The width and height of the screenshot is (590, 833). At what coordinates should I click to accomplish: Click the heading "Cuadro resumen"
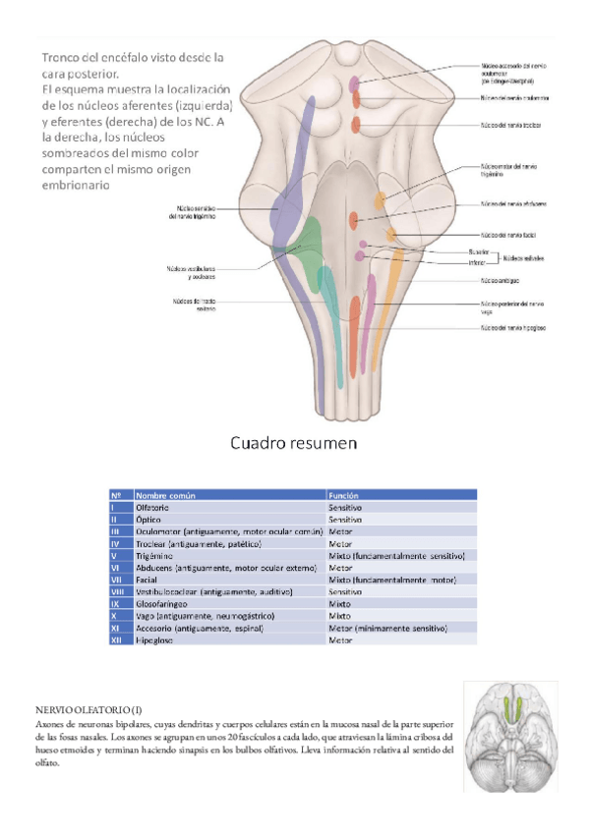tap(293, 444)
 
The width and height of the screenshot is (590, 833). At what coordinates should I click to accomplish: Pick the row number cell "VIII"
tap(116, 591)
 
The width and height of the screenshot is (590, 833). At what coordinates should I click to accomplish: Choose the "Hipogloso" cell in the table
tap(156, 639)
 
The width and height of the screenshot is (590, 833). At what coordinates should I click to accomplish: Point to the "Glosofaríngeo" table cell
tap(162, 603)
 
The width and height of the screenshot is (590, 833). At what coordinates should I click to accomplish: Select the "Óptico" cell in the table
tap(150, 519)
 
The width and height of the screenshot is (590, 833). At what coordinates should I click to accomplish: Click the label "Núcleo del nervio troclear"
tap(510, 126)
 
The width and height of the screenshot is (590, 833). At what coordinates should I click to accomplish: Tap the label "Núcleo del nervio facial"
tap(506, 236)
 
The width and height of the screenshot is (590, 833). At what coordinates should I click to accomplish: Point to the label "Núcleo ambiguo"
tap(501, 280)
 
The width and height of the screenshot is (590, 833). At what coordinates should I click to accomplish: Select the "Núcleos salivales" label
tap(525, 257)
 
